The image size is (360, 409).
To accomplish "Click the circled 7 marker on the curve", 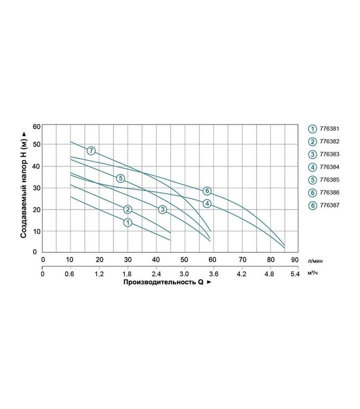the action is [91, 150].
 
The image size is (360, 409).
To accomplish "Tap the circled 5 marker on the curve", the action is [120, 178].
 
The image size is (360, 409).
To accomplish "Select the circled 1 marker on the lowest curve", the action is [128, 222].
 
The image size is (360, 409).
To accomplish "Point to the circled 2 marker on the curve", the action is [128, 209].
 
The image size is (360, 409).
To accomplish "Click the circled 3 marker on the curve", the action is [162, 209].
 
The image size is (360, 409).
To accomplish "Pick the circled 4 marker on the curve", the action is [207, 203].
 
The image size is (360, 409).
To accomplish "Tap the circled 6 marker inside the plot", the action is [207, 190].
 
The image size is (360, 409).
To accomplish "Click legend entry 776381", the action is [329, 128].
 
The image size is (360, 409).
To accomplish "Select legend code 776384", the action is [329, 167].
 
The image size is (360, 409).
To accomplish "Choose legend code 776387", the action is [329, 205].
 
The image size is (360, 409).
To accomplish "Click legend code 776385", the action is [329, 179].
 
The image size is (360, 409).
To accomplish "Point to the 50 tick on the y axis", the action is [37, 144].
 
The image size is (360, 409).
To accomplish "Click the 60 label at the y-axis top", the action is [37, 127].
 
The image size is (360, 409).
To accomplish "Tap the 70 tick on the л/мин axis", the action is [242, 260].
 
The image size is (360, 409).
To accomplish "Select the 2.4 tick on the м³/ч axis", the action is [156, 274].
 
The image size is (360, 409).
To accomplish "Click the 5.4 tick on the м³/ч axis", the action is [295, 274].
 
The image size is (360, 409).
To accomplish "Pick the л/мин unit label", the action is [315, 261].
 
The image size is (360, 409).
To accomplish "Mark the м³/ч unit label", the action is [313, 273].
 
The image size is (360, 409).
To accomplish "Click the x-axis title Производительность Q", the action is [163, 282].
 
